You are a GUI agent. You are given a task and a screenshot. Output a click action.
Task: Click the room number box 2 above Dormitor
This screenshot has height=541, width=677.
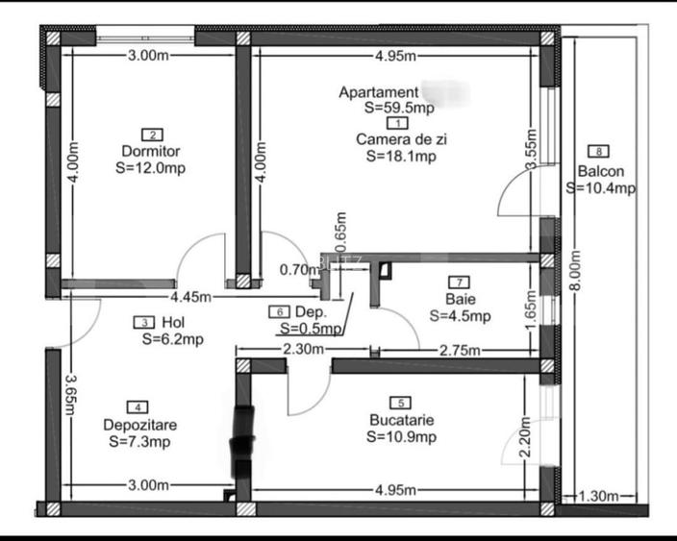150,135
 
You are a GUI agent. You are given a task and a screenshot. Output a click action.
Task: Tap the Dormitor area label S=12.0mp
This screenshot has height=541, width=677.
150,167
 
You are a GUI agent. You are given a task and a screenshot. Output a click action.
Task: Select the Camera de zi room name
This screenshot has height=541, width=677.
401,139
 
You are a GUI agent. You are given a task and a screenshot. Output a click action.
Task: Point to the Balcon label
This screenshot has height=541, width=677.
601,172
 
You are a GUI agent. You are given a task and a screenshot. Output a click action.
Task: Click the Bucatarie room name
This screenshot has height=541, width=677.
401,420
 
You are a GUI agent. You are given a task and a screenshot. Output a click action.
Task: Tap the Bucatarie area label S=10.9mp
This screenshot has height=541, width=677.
401,437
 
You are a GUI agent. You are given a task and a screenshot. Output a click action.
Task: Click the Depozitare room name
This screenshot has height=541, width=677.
139,425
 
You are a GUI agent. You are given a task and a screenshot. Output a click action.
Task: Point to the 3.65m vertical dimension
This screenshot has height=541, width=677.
69,393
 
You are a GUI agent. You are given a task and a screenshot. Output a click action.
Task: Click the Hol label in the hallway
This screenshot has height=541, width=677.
173,323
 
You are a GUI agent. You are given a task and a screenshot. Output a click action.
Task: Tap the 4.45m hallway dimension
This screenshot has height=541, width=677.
192,297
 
